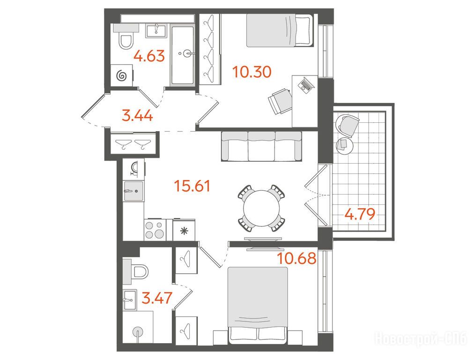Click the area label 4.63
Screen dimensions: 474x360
(x=149, y=56)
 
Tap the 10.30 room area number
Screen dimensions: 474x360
(x=252, y=72)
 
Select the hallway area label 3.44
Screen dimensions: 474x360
(x=137, y=116)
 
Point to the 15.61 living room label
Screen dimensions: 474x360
(x=192, y=186)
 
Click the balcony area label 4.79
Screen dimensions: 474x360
(x=360, y=214)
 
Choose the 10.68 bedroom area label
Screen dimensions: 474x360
(x=297, y=258)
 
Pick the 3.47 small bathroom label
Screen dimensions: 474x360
(x=157, y=298)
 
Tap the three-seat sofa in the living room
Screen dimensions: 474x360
(x=261, y=146)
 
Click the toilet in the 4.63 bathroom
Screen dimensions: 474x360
(x=126, y=41)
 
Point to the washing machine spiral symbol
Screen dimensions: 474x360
(x=121, y=75)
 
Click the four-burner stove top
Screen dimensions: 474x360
(x=155, y=229)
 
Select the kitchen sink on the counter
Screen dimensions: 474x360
(x=133, y=191)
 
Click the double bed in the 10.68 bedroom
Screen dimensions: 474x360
(x=258, y=305)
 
